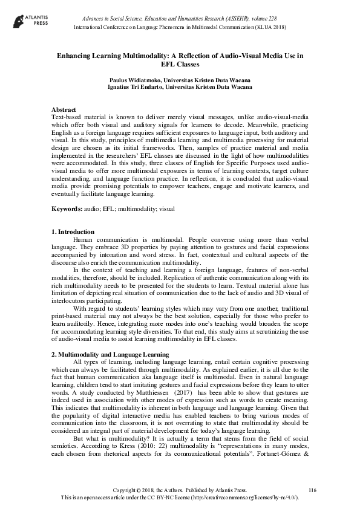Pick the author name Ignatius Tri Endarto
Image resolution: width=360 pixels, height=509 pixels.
point(137,87)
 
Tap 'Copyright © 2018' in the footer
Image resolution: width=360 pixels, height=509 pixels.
point(136,488)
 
